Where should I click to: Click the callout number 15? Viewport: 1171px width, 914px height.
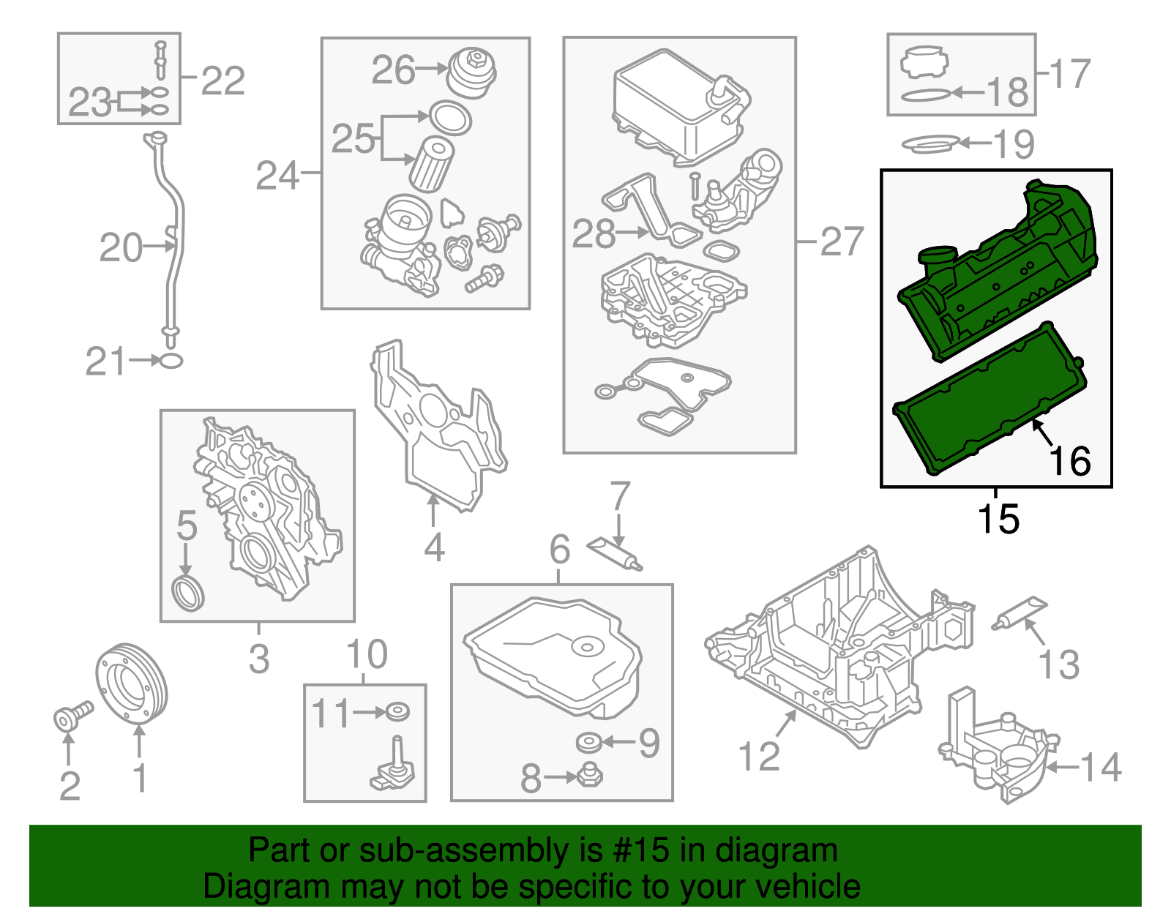tap(998, 519)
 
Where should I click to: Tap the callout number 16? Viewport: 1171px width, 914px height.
tap(1070, 461)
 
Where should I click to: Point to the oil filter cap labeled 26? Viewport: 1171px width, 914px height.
tap(471, 72)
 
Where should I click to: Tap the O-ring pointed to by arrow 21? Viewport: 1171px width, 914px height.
tap(171, 360)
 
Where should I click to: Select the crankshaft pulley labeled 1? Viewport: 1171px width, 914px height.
tap(132, 682)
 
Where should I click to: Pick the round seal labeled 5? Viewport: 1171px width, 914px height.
tap(188, 592)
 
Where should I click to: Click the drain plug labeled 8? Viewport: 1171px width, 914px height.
tap(590, 776)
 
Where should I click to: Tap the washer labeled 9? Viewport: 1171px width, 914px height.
tap(588, 743)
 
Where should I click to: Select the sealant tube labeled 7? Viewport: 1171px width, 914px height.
tap(614, 553)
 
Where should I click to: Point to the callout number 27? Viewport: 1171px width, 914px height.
tap(842, 241)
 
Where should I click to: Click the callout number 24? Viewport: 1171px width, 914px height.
tap(277, 176)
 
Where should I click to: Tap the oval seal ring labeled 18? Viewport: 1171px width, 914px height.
tap(926, 94)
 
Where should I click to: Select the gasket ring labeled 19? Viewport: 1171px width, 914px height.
tap(929, 143)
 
